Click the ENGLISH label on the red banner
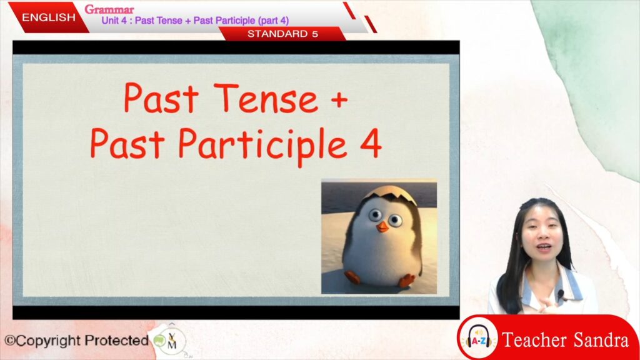pos(49,17)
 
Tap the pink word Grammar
pos(109,9)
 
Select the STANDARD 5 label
pos(282,34)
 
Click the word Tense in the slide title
pos(265,98)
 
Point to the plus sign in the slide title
pos(339,99)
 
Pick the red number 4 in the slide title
pos(371,143)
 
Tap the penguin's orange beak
pos(382,226)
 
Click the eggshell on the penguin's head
pos(391,195)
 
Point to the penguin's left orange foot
pos(352,277)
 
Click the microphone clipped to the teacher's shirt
pos(561,295)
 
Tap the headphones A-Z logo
pos(479,338)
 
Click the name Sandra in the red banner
pos(601,340)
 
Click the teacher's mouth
pos(544,247)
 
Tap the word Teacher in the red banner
pos(535,340)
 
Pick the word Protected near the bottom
pos(116,340)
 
